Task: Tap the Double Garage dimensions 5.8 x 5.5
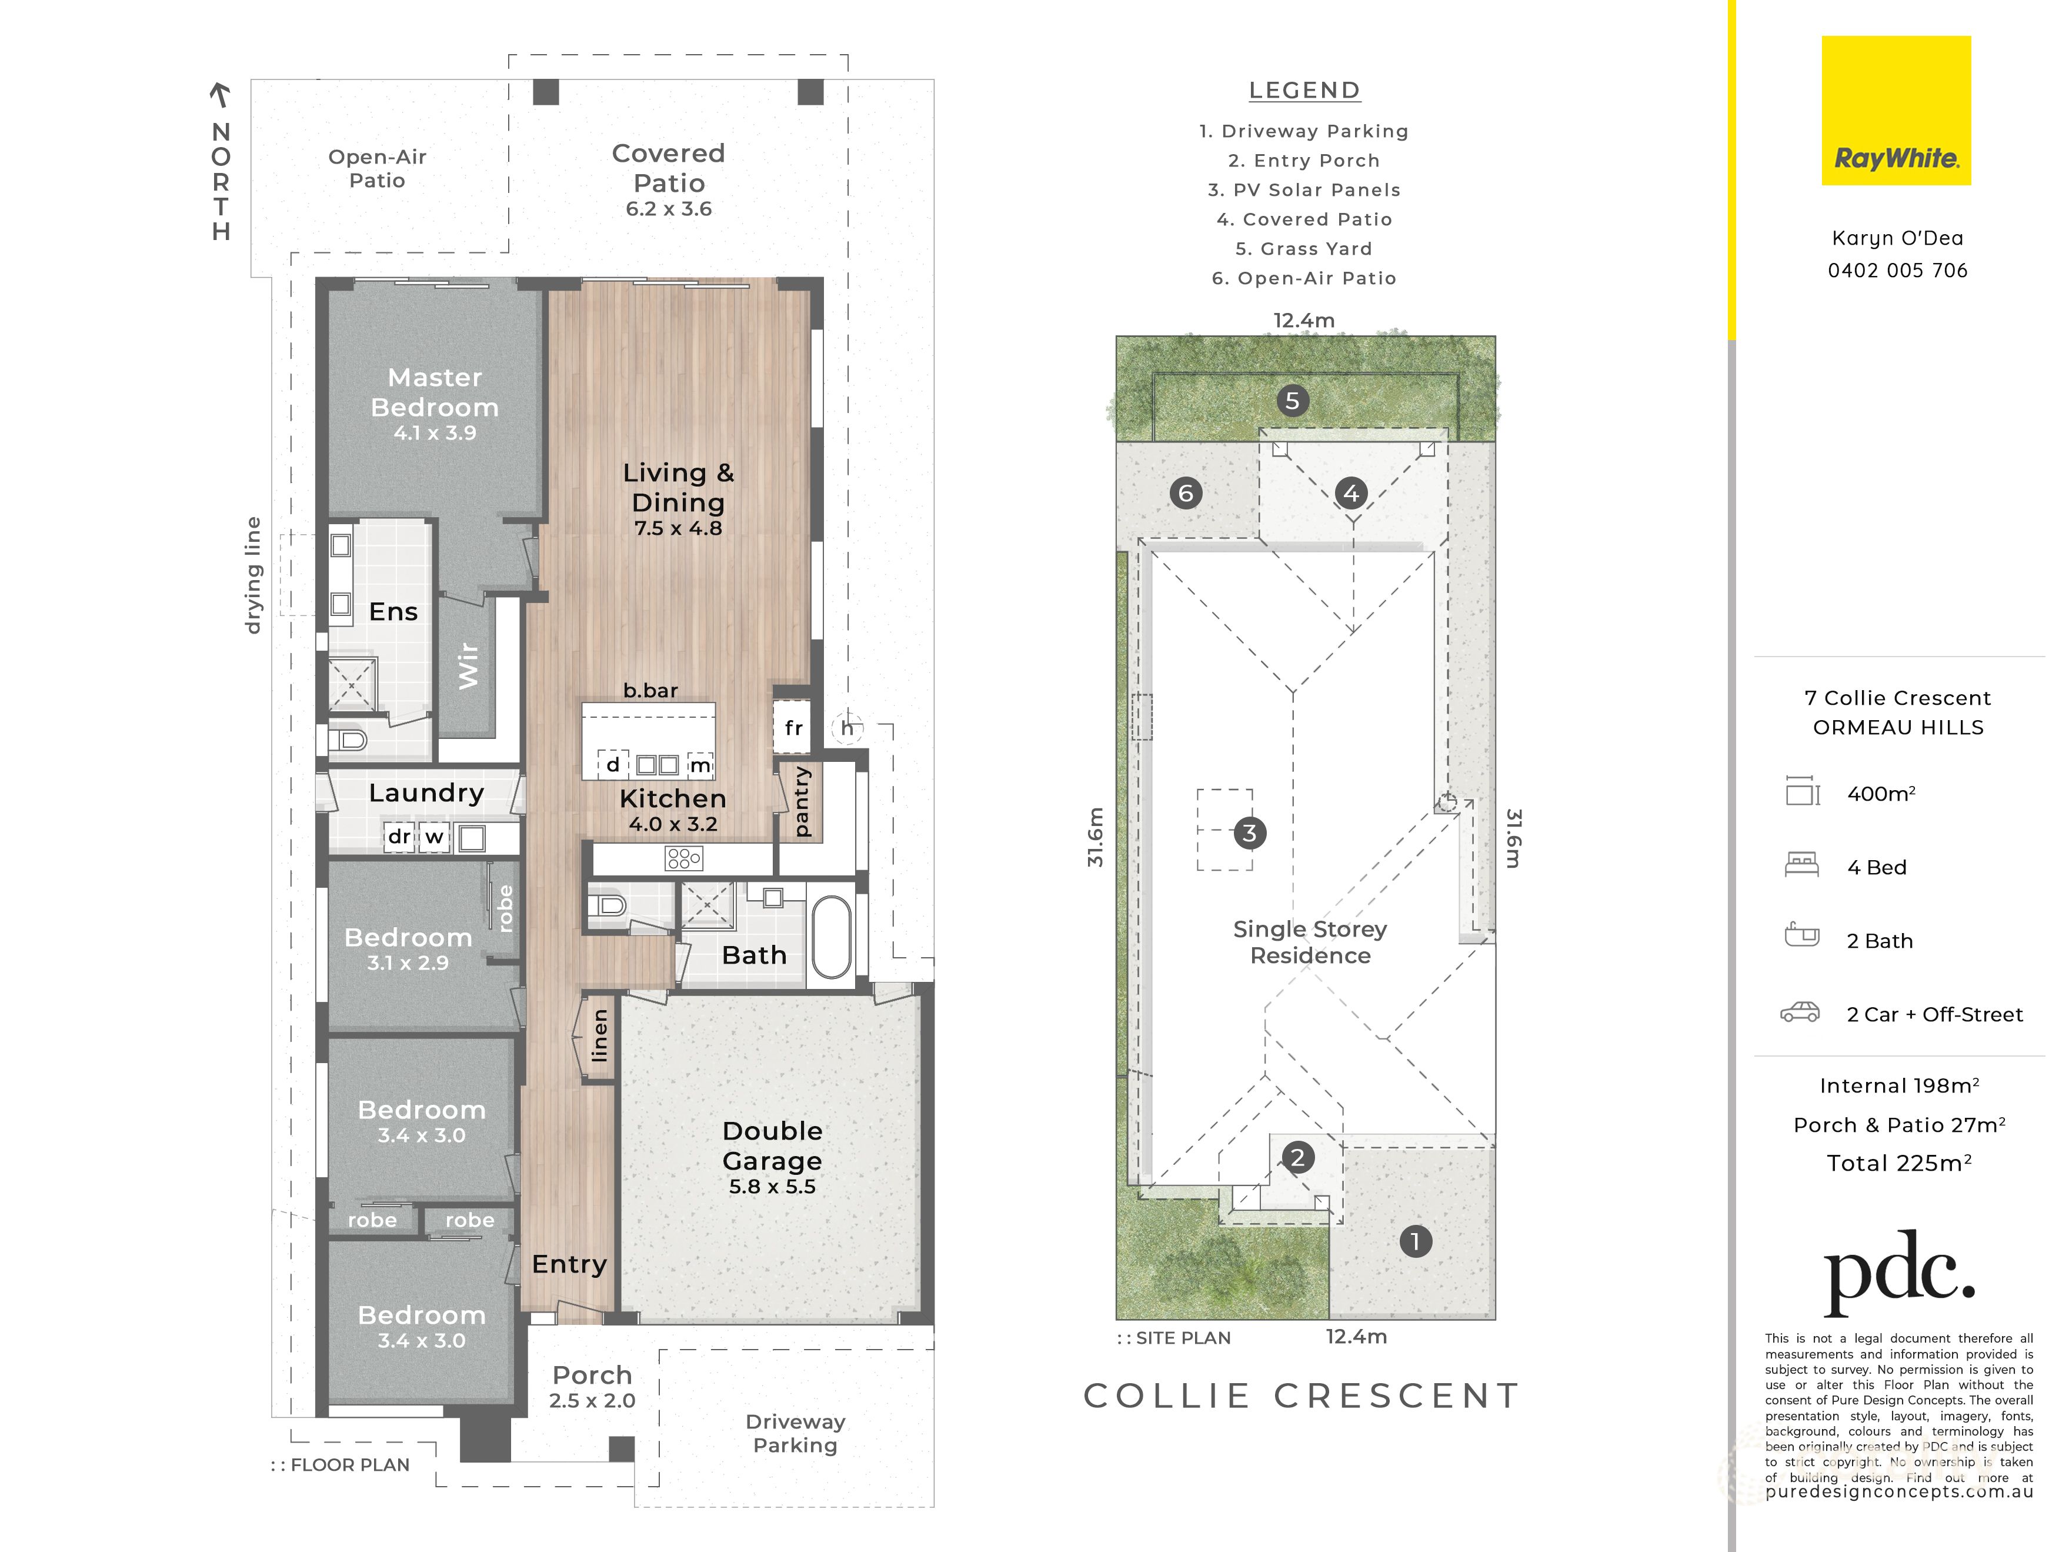(773, 1186)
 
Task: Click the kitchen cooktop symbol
(684, 858)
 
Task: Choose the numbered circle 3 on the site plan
(1250, 832)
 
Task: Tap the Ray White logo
(1896, 111)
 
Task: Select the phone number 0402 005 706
(1898, 271)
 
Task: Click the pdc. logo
(1899, 1273)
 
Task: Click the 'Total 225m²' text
(1899, 1163)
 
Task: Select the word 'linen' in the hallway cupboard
(599, 1035)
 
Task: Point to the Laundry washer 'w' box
(434, 837)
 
